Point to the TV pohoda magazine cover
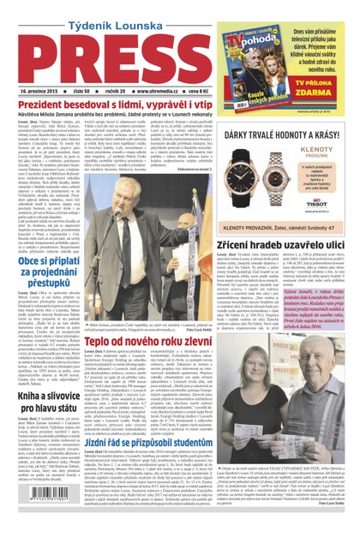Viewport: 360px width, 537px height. coord(255,47)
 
